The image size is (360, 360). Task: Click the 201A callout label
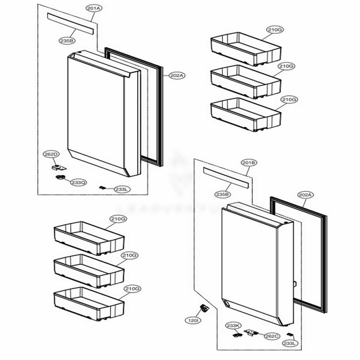95,7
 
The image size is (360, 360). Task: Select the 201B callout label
248,163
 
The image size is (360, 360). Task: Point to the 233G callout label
78,182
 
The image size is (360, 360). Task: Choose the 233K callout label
233,326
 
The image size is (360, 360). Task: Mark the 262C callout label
272,336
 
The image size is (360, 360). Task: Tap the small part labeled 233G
61,178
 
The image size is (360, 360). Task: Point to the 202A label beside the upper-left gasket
176,75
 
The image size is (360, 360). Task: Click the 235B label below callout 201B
223,195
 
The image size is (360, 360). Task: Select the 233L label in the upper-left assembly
122,190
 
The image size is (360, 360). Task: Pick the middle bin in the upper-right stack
245,78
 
